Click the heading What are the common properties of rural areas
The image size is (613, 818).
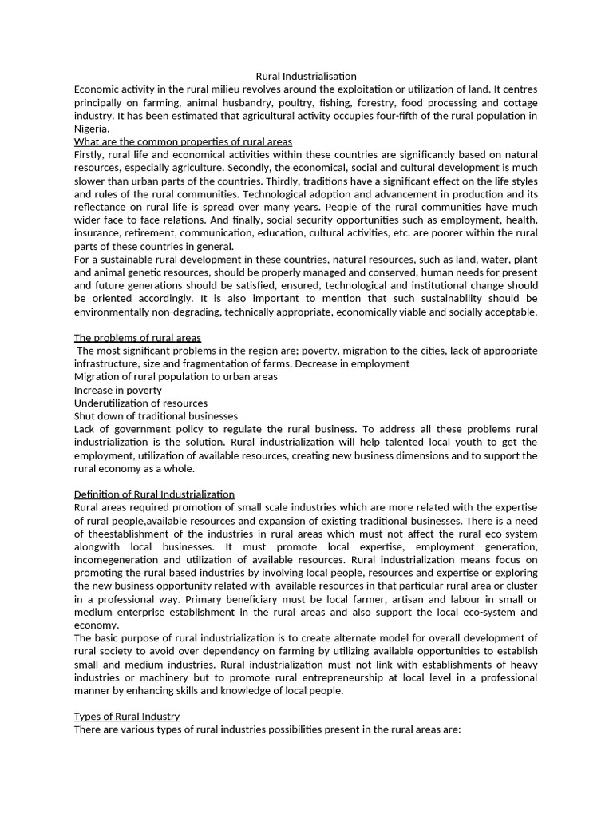point(183,141)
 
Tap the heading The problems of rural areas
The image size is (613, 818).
point(137,338)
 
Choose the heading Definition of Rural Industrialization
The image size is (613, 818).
point(154,494)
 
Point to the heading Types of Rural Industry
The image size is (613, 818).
point(127,717)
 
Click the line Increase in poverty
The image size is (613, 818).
point(117,390)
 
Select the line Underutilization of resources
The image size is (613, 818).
point(140,403)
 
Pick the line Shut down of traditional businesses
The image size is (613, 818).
point(156,416)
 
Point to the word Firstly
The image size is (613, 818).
point(89,154)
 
